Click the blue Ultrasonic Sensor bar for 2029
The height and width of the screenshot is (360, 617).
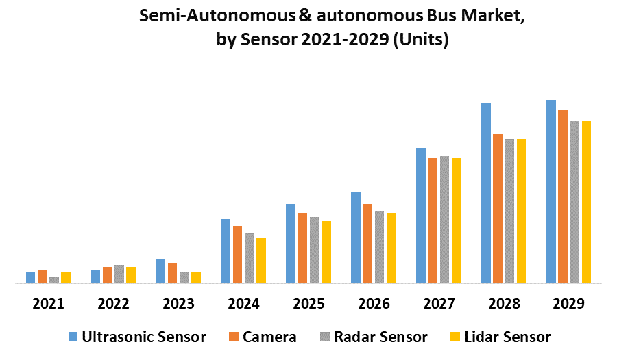tap(551, 191)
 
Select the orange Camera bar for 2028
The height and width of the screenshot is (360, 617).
tap(498, 208)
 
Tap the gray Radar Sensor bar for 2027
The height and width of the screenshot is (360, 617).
tap(444, 219)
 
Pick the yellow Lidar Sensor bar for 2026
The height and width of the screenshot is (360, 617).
tap(391, 248)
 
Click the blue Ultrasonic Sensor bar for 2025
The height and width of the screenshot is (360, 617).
tap(291, 243)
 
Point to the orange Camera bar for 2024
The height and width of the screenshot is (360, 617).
tap(237, 254)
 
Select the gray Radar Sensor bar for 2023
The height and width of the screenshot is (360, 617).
tap(184, 277)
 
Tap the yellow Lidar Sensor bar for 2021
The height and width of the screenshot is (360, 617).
tap(66, 277)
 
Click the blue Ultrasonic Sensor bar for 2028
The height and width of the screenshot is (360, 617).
tap(485, 193)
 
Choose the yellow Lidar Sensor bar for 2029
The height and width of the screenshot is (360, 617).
tap(586, 202)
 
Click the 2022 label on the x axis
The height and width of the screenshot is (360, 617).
tap(113, 304)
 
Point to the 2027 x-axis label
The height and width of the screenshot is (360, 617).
tap(439, 304)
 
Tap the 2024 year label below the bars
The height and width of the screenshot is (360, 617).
tap(243, 304)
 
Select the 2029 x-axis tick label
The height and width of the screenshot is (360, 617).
tap(568, 304)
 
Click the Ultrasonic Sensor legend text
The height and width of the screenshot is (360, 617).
tap(144, 337)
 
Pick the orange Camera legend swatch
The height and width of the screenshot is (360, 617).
tap(233, 337)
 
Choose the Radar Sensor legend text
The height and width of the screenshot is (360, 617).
tap(380, 337)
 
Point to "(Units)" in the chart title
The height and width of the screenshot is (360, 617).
tap(422, 40)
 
